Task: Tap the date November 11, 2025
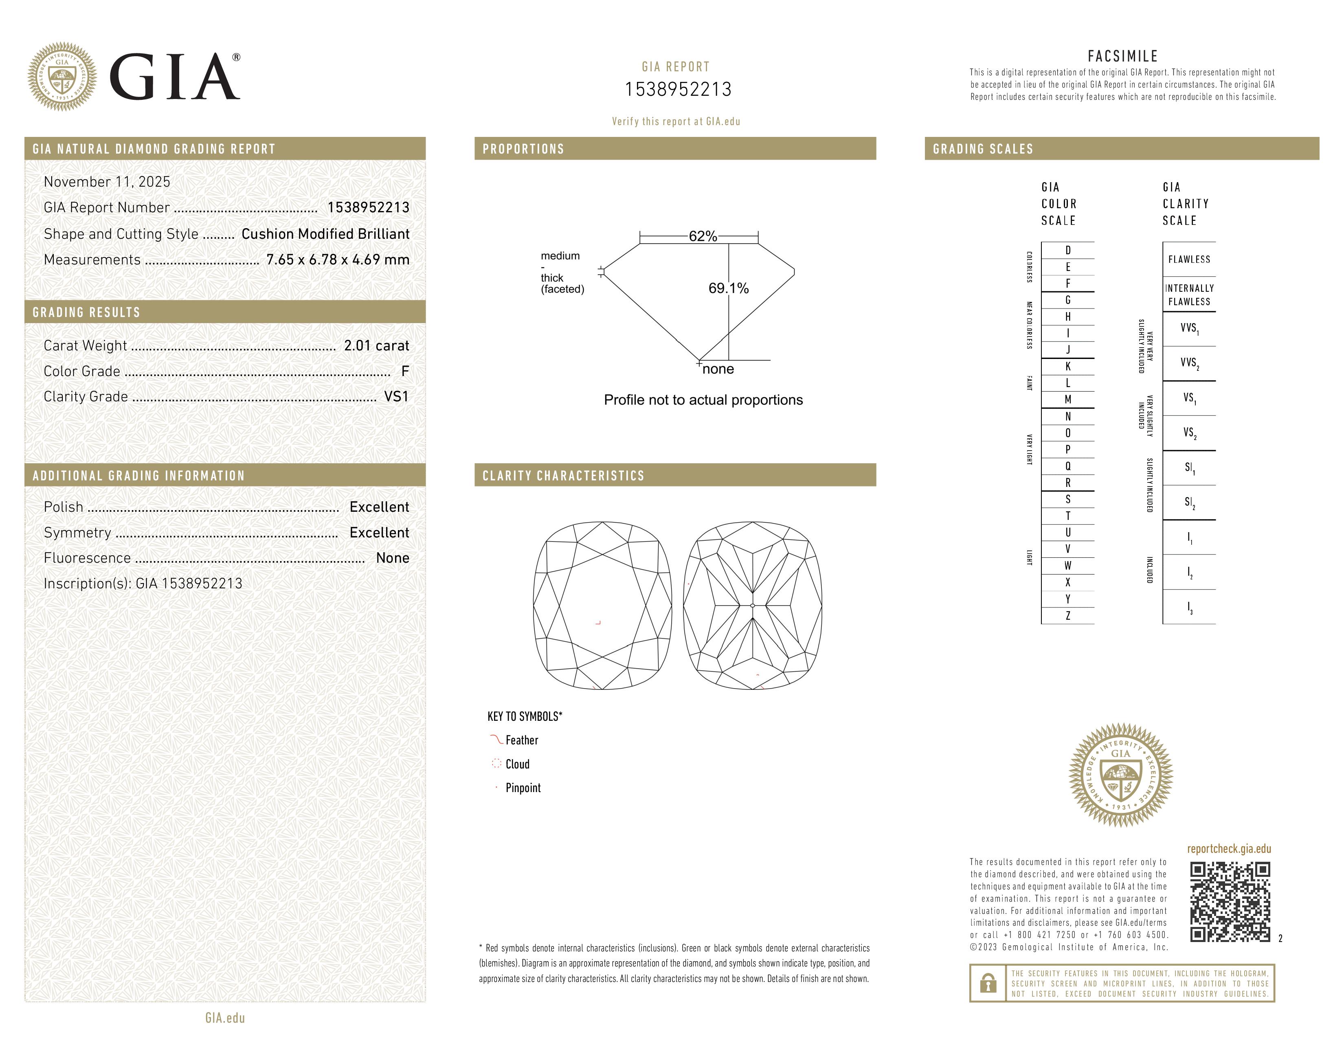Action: pyautogui.click(x=106, y=182)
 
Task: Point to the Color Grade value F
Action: pyautogui.click(x=405, y=371)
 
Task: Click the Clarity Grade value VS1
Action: pyautogui.click(x=396, y=396)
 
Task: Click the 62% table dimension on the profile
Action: pyautogui.click(x=703, y=236)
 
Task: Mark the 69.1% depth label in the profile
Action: pyautogui.click(x=729, y=288)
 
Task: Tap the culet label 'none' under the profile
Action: pyautogui.click(x=718, y=369)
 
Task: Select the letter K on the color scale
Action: pyautogui.click(x=1068, y=366)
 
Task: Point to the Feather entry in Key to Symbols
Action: pyautogui.click(x=521, y=740)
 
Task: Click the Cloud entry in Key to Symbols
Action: pyautogui.click(x=517, y=764)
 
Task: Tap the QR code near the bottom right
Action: pyautogui.click(x=1230, y=902)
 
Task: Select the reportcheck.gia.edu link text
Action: pyautogui.click(x=1229, y=849)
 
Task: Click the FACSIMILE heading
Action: pyautogui.click(x=1122, y=56)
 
